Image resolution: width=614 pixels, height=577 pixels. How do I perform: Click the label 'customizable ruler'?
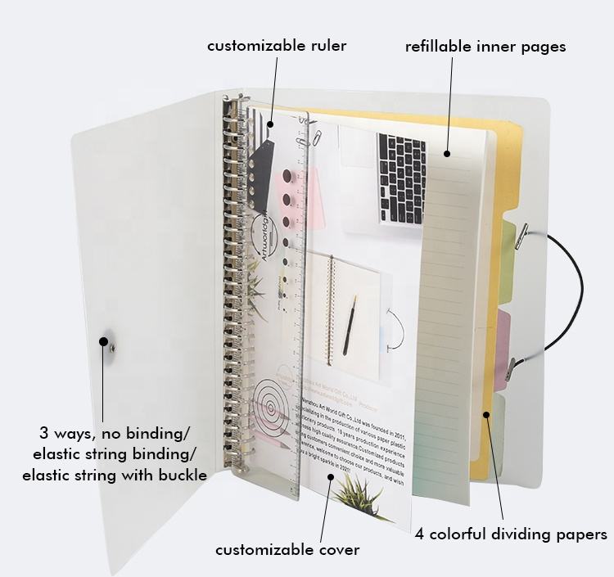(x=276, y=46)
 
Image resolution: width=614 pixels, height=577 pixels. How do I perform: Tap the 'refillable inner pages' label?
(x=485, y=46)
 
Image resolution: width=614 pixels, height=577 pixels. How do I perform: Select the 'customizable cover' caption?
(x=287, y=550)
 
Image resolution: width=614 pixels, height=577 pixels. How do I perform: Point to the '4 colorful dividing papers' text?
(x=510, y=534)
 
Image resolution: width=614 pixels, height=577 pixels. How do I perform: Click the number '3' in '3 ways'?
(x=43, y=431)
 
